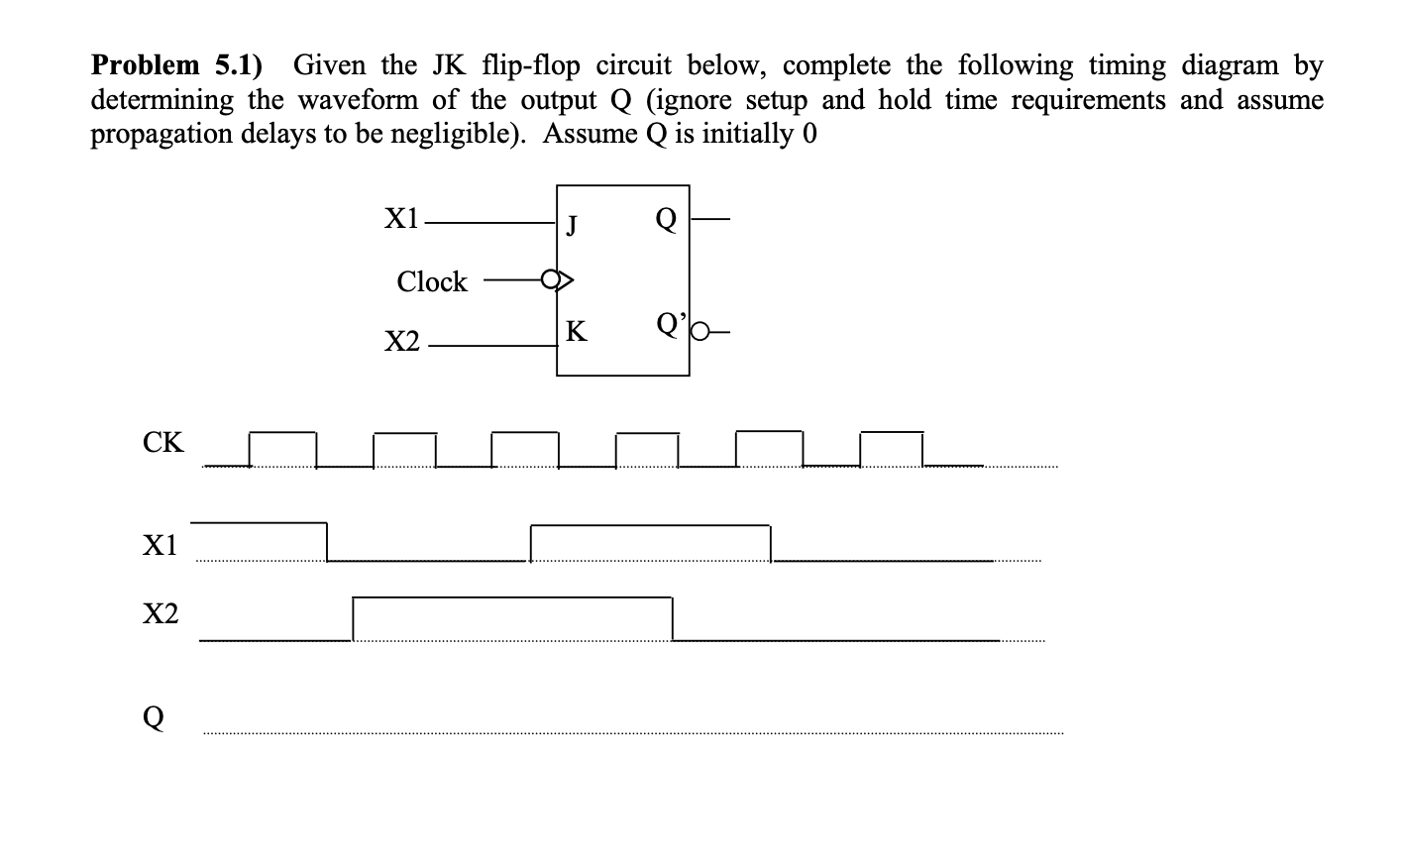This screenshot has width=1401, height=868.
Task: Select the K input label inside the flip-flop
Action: (x=576, y=331)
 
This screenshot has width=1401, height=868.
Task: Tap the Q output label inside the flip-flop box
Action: (x=667, y=219)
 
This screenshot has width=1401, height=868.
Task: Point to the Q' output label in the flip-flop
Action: (x=670, y=324)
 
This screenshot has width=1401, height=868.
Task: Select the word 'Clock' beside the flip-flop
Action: (x=432, y=281)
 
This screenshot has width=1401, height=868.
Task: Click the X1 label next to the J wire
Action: (x=402, y=218)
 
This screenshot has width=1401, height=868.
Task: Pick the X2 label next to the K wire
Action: (x=402, y=342)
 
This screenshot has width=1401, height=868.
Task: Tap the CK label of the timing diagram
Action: (x=163, y=442)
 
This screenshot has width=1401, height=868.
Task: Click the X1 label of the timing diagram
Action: (x=161, y=545)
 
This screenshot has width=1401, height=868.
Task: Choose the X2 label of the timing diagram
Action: (x=161, y=614)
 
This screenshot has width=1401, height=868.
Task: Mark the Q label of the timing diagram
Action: (x=155, y=715)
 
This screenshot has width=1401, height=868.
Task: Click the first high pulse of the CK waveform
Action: (x=282, y=434)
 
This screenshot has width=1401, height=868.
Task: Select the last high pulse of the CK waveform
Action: (x=892, y=433)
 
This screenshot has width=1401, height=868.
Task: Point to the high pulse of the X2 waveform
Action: (x=512, y=598)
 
